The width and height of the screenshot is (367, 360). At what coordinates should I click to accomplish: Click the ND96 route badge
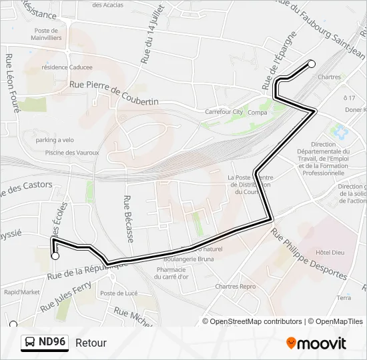click(x=45, y=343)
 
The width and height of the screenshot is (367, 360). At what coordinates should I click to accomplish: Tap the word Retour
click(x=91, y=343)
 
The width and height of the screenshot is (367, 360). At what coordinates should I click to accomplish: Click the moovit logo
click(x=316, y=343)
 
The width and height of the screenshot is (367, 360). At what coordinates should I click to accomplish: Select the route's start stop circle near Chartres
click(x=311, y=64)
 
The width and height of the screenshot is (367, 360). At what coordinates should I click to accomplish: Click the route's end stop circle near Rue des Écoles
click(x=55, y=255)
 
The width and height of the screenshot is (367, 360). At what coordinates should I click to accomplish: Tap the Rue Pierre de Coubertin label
click(x=114, y=92)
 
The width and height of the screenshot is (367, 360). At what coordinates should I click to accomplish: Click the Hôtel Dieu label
click(x=329, y=253)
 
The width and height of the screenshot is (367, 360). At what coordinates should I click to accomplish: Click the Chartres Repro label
click(x=235, y=286)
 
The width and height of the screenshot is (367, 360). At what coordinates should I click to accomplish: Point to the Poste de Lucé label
click(x=117, y=293)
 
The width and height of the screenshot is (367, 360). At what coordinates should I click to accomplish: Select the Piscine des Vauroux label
click(x=72, y=153)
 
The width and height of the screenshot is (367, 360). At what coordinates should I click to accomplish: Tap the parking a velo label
click(x=55, y=140)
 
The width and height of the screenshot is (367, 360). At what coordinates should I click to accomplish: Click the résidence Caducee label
click(x=67, y=67)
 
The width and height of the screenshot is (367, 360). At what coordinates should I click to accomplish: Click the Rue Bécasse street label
click(x=127, y=218)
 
